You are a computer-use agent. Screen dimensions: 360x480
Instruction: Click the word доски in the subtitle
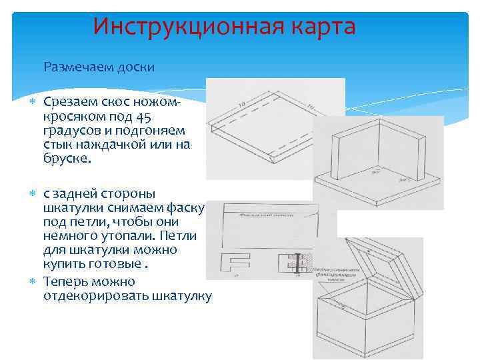coord(136,67)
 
